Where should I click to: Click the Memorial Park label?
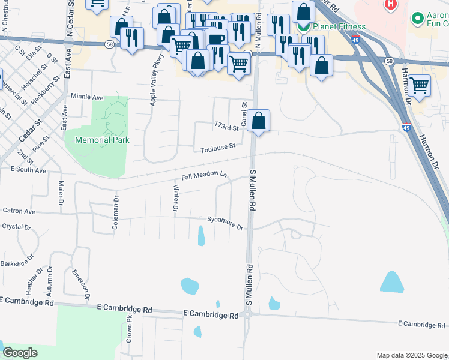[x=102, y=140]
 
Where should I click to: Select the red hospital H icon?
[x=391, y=4]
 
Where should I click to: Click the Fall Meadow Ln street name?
[x=205, y=175]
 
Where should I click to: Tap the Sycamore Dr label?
[x=224, y=223]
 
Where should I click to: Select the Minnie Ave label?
[x=87, y=97]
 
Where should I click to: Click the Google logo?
[x=20, y=352]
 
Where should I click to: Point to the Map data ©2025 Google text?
[x=411, y=355]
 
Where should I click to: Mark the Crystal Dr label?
[x=16, y=227]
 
